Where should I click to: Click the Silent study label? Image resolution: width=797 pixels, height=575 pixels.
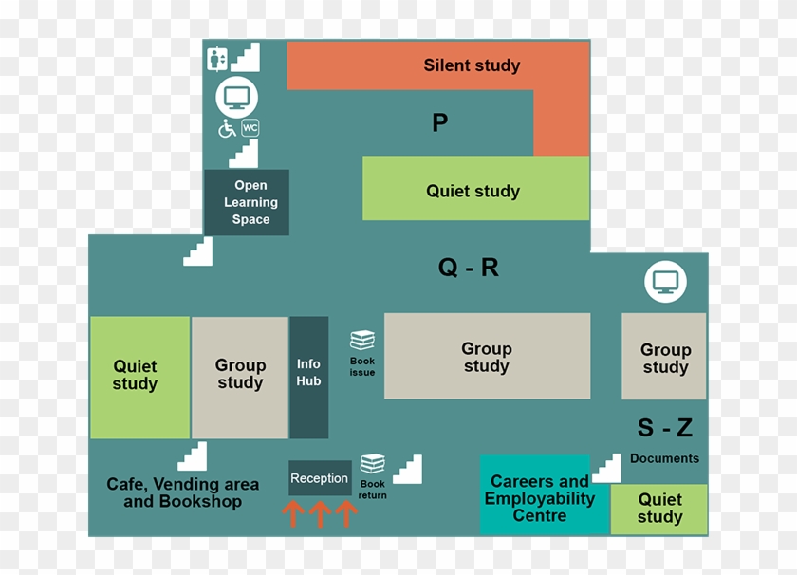(x=472, y=65)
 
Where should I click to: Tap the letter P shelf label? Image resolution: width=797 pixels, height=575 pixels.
(x=439, y=122)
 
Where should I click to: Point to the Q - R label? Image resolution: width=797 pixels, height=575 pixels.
(x=468, y=268)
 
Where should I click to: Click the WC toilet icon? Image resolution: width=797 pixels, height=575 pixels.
(x=250, y=128)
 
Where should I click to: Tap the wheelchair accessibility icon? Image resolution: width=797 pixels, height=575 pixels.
(x=227, y=129)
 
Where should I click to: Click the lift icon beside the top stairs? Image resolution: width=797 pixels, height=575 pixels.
(x=217, y=58)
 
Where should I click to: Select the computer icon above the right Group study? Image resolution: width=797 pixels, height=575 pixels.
(x=665, y=282)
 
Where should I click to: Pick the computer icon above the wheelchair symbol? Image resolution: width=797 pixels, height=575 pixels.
(x=237, y=97)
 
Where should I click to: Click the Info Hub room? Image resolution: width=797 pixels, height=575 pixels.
(x=309, y=377)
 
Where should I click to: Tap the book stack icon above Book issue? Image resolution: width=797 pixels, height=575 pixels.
(x=362, y=341)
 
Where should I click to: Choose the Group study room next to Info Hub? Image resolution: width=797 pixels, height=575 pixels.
(x=240, y=377)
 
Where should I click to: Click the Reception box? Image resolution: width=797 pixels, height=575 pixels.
(x=319, y=478)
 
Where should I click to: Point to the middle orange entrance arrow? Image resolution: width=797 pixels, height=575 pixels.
(x=320, y=513)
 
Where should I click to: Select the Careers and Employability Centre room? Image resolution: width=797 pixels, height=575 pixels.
(x=540, y=499)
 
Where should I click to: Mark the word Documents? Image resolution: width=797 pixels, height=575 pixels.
(x=664, y=458)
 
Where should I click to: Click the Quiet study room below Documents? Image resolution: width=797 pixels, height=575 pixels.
(x=659, y=509)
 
